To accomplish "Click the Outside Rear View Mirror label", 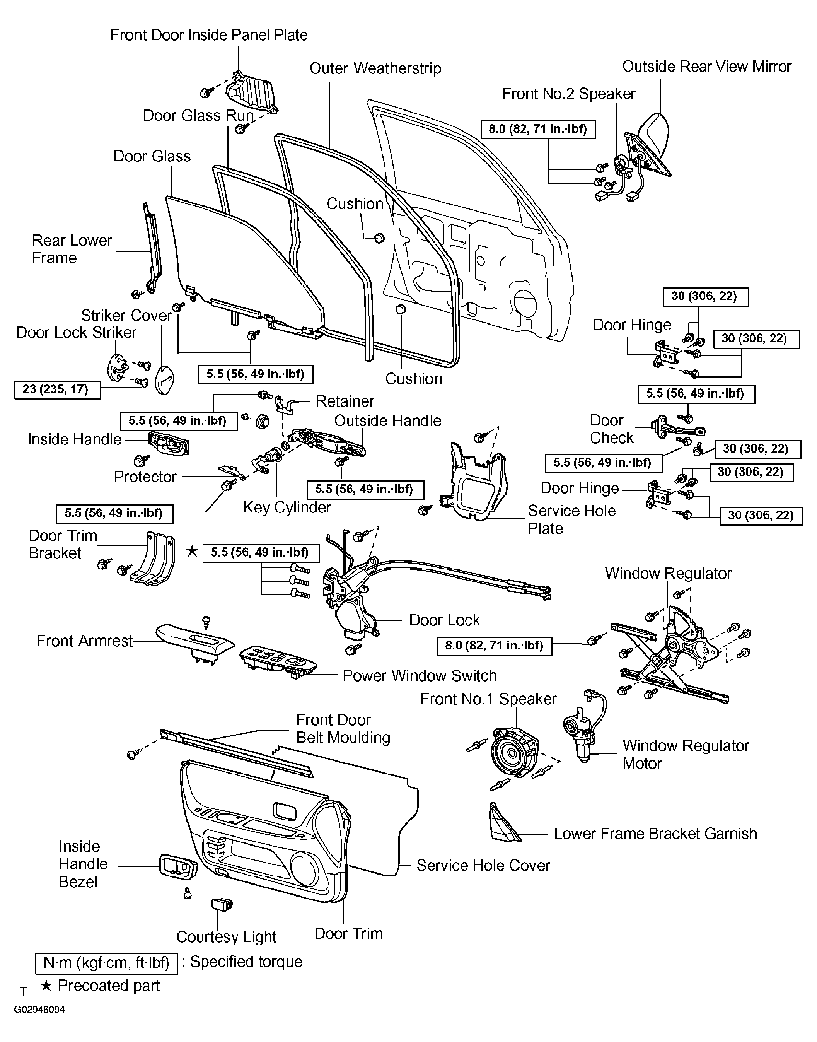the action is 706,66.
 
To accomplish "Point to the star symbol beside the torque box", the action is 192,552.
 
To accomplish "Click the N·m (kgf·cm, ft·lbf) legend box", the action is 107,963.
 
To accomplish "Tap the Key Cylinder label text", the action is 287,507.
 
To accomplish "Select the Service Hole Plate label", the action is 571,519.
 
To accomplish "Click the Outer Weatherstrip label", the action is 375,68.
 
